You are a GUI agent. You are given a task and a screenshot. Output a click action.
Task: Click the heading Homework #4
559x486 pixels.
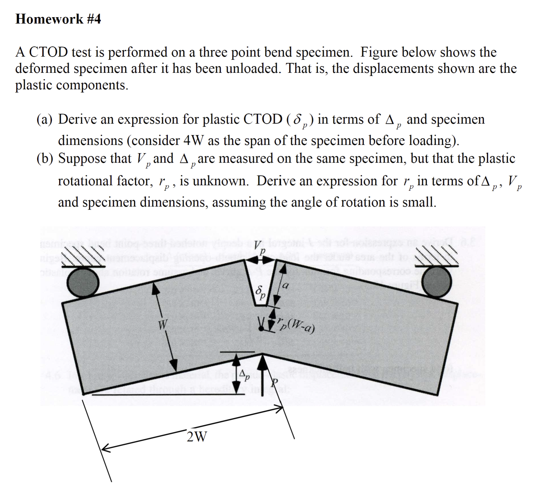point(58,19)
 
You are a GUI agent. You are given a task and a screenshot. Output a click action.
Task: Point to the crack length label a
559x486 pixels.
point(286,286)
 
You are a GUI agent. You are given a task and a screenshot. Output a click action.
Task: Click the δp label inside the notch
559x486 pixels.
point(261,293)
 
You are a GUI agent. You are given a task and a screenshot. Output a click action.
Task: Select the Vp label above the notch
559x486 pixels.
point(260,247)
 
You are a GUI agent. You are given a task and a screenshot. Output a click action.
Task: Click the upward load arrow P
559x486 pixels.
point(263,375)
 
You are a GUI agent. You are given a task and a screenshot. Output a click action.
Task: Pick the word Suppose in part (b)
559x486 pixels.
point(83,158)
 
